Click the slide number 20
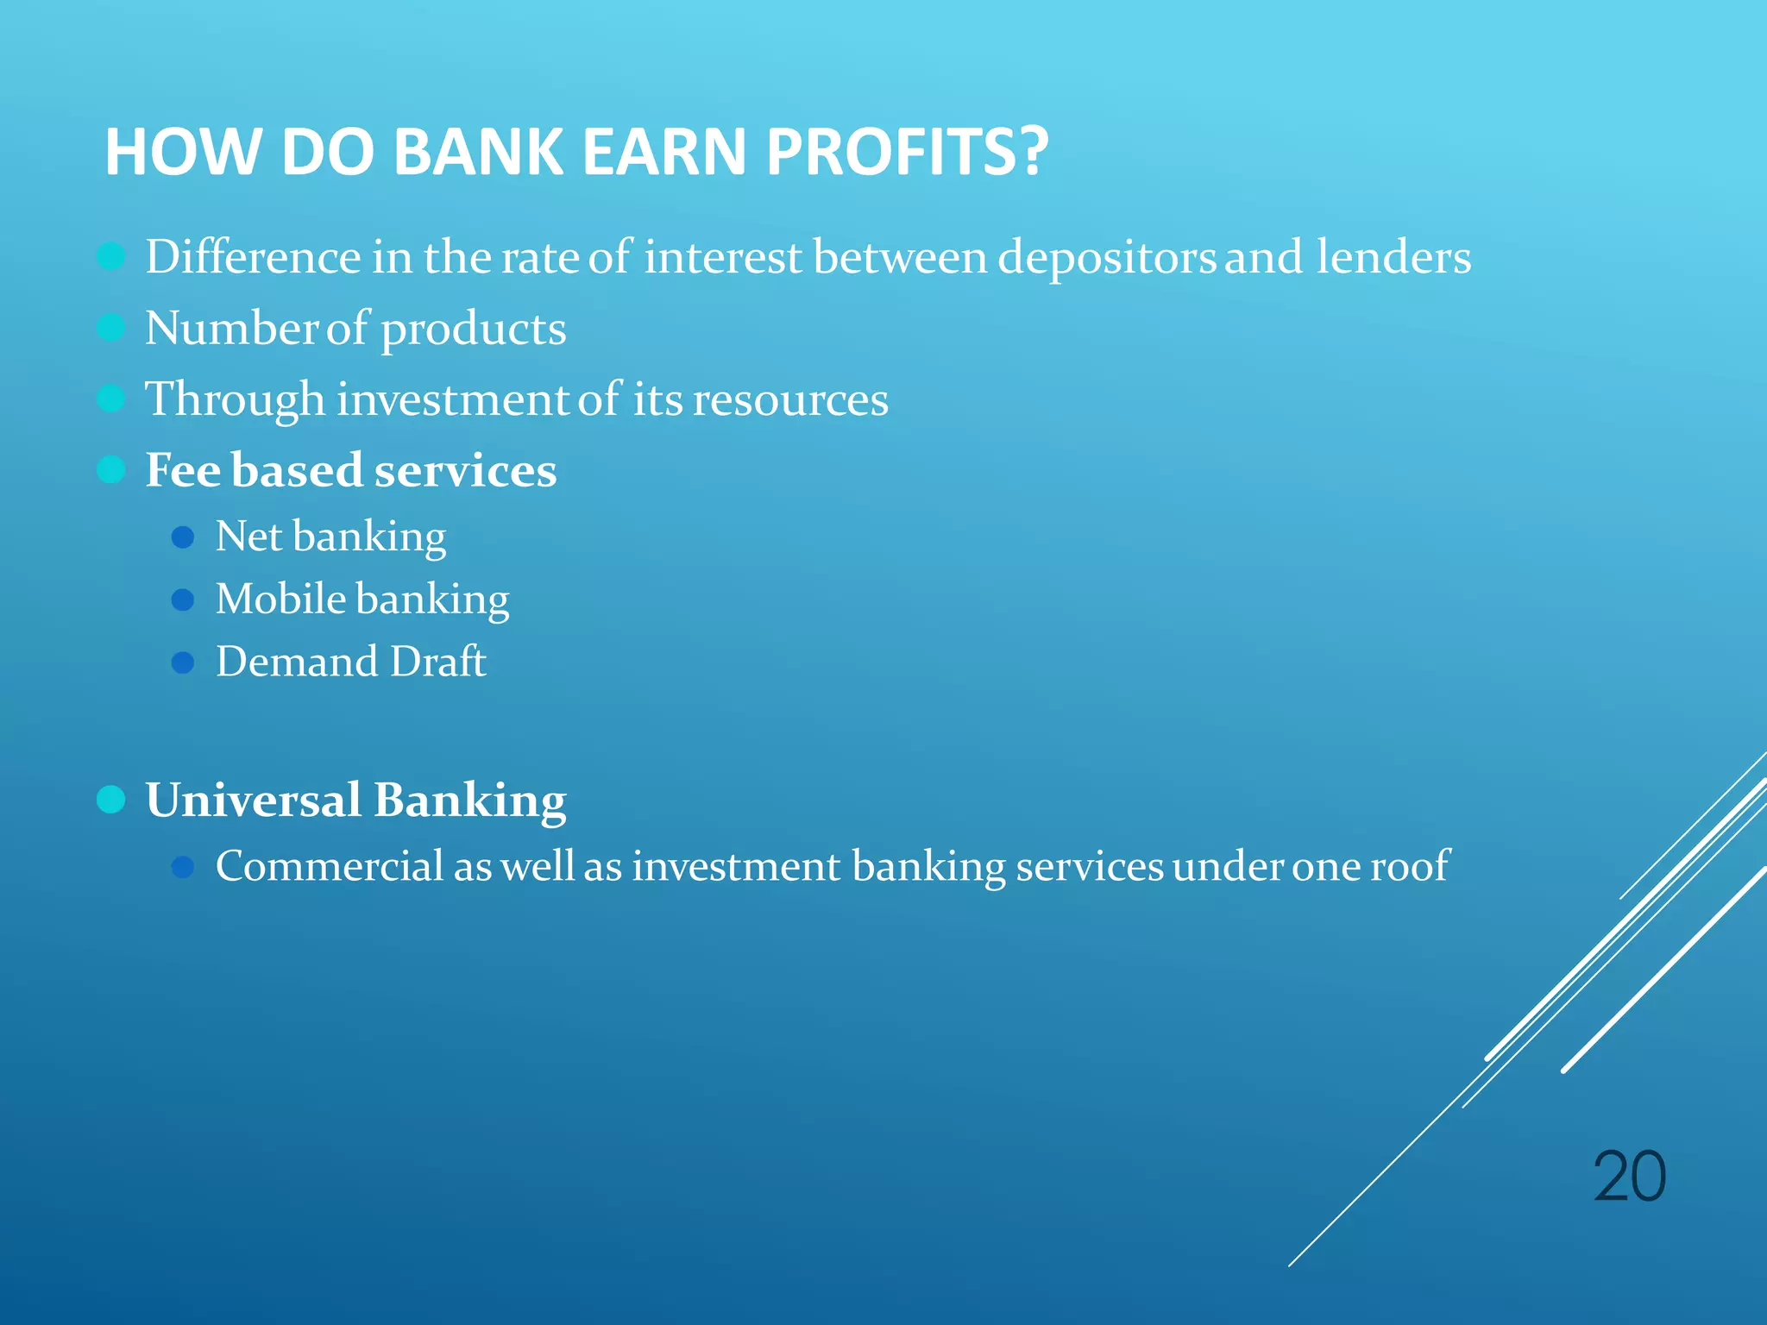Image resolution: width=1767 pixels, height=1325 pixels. point(1629,1177)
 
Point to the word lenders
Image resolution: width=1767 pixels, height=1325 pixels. point(1393,258)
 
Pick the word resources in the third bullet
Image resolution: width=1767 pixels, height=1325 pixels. point(790,400)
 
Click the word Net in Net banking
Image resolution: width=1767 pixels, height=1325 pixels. point(248,537)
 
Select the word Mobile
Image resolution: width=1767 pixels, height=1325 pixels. point(280,600)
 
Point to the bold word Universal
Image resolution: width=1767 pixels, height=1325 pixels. point(253,800)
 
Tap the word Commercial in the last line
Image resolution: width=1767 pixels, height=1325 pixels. point(329,866)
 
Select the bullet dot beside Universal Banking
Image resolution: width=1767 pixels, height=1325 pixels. point(111,800)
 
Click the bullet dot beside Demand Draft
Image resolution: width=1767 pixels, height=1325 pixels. point(182,662)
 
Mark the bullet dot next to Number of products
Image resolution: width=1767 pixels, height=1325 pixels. point(111,328)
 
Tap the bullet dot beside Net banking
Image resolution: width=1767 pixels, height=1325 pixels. point(182,537)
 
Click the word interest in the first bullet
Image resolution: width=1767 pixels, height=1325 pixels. point(722,258)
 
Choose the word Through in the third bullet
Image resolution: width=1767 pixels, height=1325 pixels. point(234,400)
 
